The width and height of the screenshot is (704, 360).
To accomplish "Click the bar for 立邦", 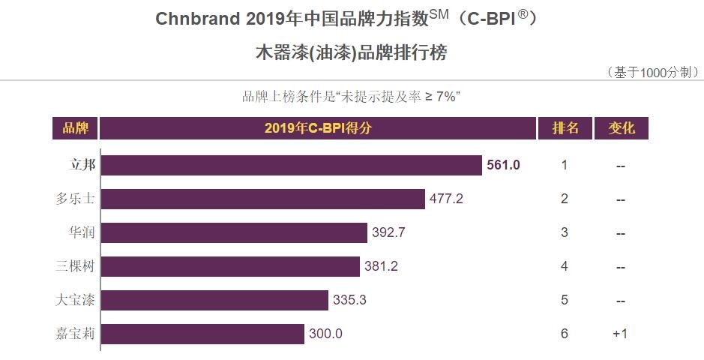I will pos(291,165).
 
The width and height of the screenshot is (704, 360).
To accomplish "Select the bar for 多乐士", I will pos(262,199).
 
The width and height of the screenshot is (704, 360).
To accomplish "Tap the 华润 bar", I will pos(234,232).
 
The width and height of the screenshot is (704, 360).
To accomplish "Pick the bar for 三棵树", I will pos(230,266).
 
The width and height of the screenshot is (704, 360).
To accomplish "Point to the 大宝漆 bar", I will pos(214,300).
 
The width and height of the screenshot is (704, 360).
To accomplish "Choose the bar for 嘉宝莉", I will pos(202,334).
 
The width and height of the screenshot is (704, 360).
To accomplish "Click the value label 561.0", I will pos(503,165).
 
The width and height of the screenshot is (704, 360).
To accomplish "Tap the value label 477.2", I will pos(446,199).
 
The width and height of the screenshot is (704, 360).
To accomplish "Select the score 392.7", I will pos(388,232).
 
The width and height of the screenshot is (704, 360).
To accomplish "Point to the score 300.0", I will pos(325,334).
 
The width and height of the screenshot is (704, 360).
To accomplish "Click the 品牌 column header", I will pos(75,128).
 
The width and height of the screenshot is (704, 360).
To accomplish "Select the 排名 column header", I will pos(565,128).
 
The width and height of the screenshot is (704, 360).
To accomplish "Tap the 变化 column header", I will pos(621,128).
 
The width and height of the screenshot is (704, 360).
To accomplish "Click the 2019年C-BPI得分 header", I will pos(318,128).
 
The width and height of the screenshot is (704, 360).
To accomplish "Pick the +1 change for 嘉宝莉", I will pos(620,334).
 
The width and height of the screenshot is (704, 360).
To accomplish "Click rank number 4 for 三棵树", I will pos(565,266).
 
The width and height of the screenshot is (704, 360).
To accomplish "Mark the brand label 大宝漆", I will pos(75,300).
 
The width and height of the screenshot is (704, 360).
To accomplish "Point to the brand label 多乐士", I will pos(75,199).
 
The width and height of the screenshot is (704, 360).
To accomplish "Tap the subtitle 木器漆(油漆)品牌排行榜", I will pos(352,53).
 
